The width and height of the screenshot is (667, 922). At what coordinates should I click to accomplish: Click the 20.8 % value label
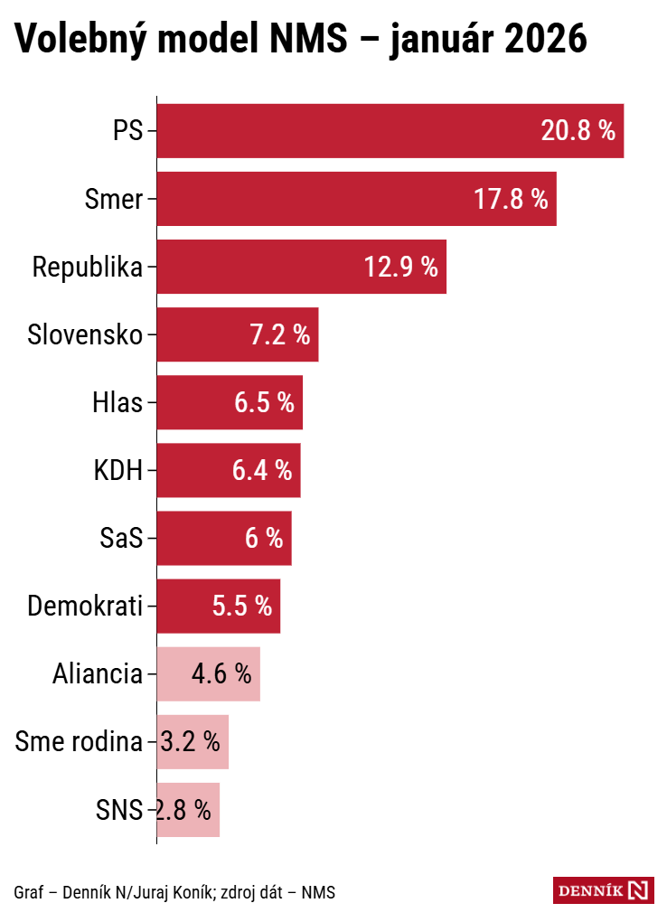tap(578, 131)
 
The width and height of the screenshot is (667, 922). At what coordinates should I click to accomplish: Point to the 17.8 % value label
tap(511, 199)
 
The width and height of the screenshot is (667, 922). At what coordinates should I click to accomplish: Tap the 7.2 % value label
tap(279, 335)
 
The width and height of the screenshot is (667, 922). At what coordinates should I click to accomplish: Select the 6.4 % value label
tap(262, 471)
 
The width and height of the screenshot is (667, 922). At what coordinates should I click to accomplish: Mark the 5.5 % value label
tap(241, 607)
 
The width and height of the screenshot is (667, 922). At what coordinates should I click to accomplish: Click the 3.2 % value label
tap(191, 742)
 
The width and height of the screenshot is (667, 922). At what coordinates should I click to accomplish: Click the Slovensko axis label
tap(85, 335)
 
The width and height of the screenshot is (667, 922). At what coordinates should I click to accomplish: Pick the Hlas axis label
tap(117, 403)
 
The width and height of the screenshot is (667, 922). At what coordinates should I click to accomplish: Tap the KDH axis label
tap(118, 471)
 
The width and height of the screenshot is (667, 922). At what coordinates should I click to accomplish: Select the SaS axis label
tap(121, 539)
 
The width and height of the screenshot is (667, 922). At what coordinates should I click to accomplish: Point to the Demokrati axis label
tap(85, 607)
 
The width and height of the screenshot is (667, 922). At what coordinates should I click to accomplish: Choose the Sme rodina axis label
tap(80, 742)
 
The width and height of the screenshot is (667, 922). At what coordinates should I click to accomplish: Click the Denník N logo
tap(603, 890)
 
